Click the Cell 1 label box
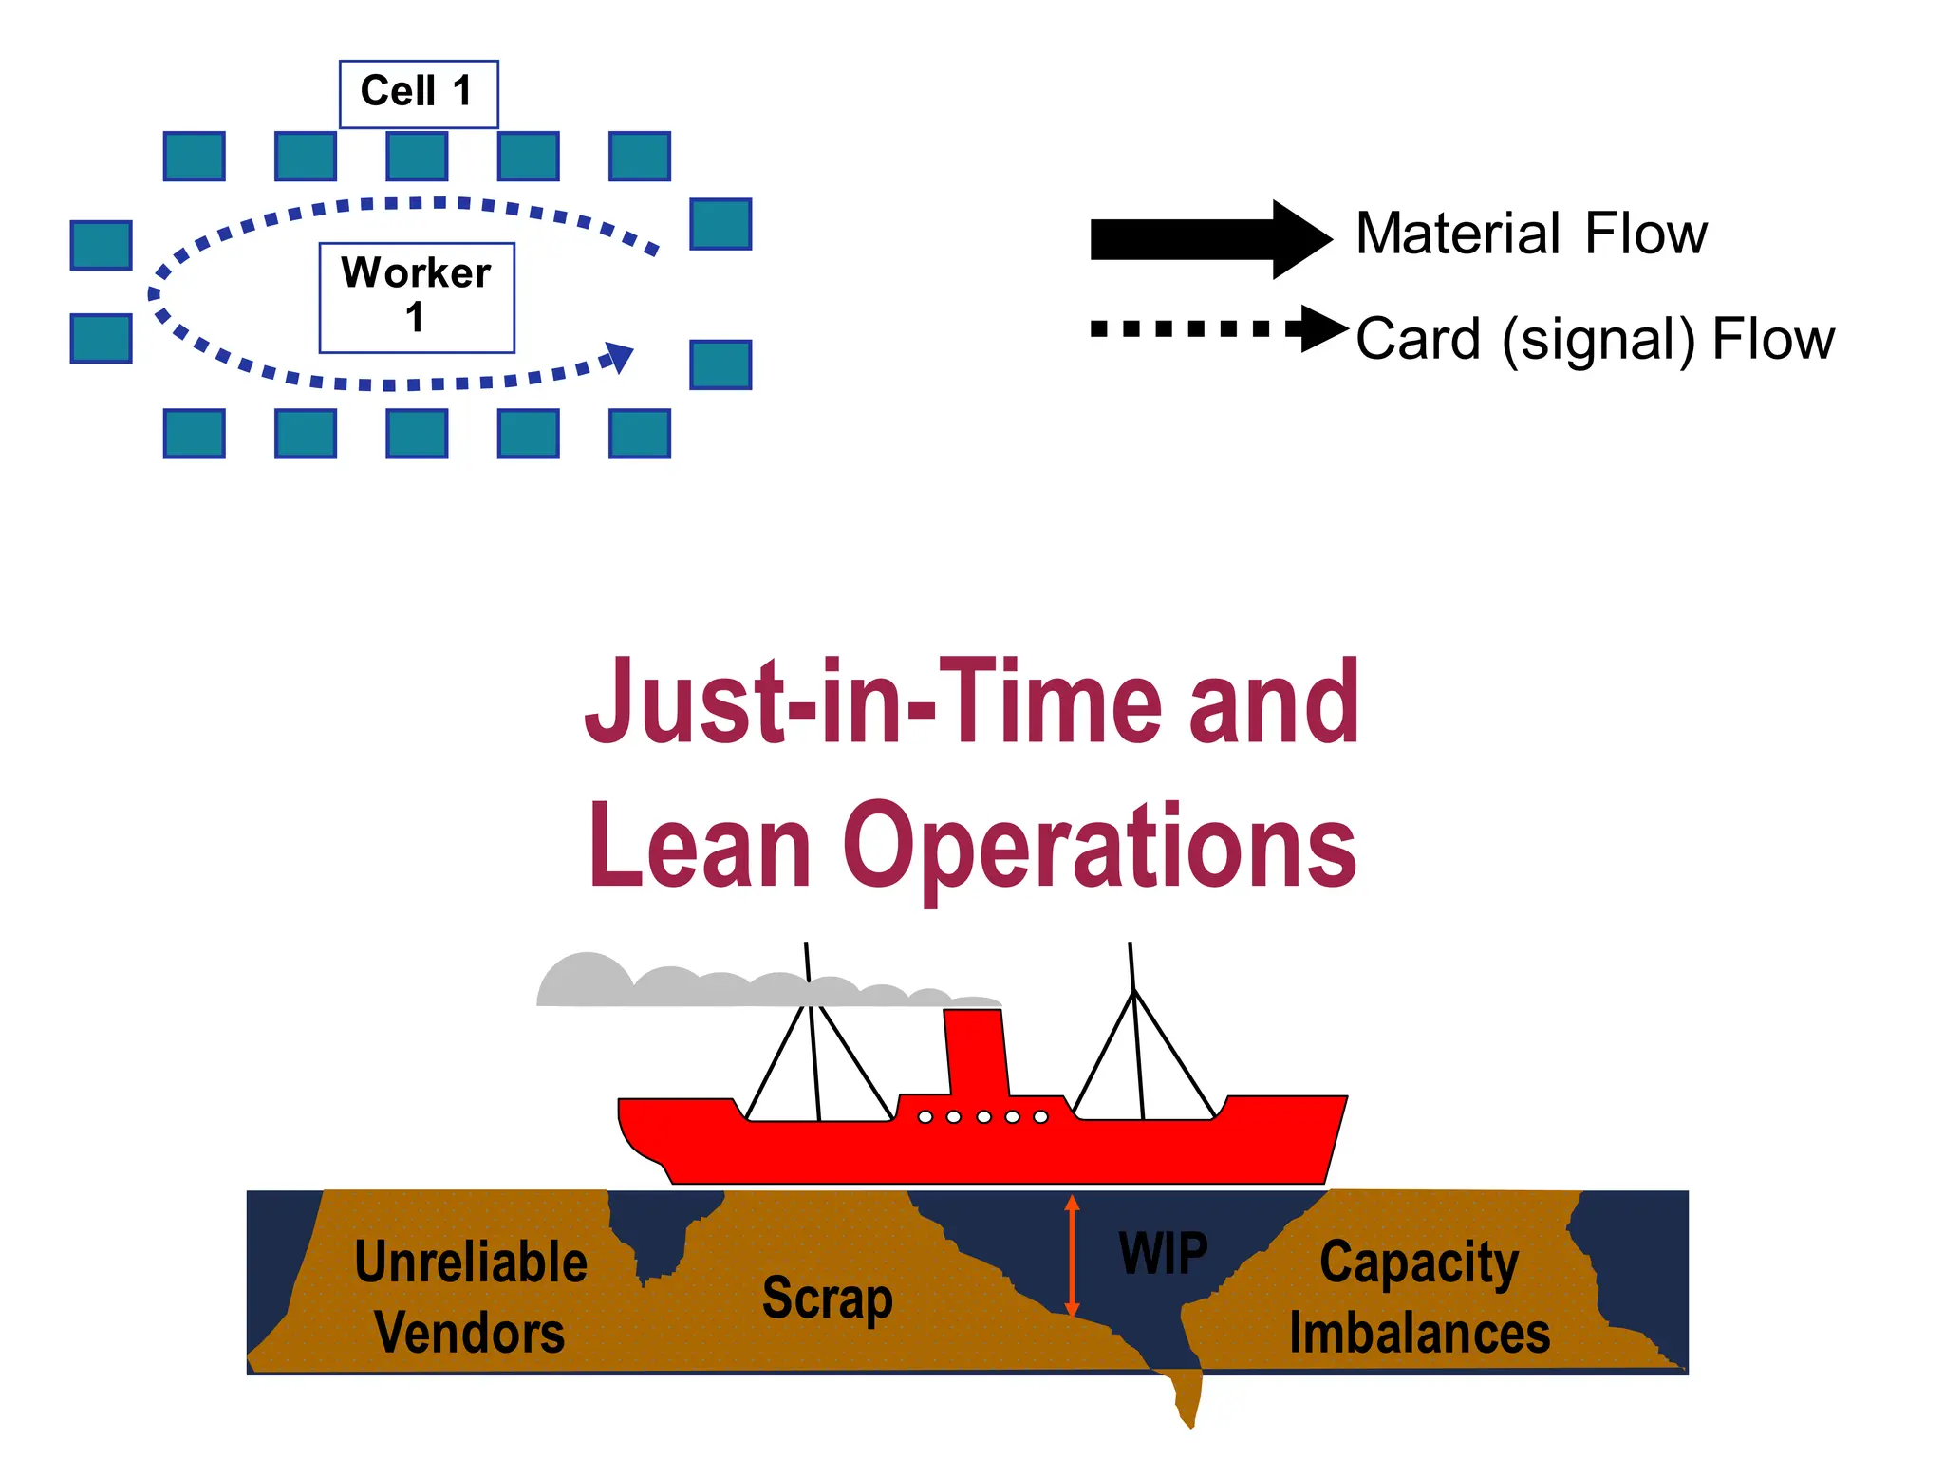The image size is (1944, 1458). (419, 94)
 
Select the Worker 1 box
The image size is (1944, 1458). (417, 297)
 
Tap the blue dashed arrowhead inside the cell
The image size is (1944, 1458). (620, 357)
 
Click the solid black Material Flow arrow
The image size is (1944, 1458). (1206, 239)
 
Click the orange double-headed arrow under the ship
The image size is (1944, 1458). (1072, 1255)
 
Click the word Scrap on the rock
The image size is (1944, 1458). (827, 1298)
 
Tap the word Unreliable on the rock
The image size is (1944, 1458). (471, 1262)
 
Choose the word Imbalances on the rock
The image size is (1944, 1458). (1419, 1333)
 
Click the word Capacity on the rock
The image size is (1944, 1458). (1419, 1262)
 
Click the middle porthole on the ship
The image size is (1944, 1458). (983, 1117)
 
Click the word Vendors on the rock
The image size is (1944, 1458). (470, 1333)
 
